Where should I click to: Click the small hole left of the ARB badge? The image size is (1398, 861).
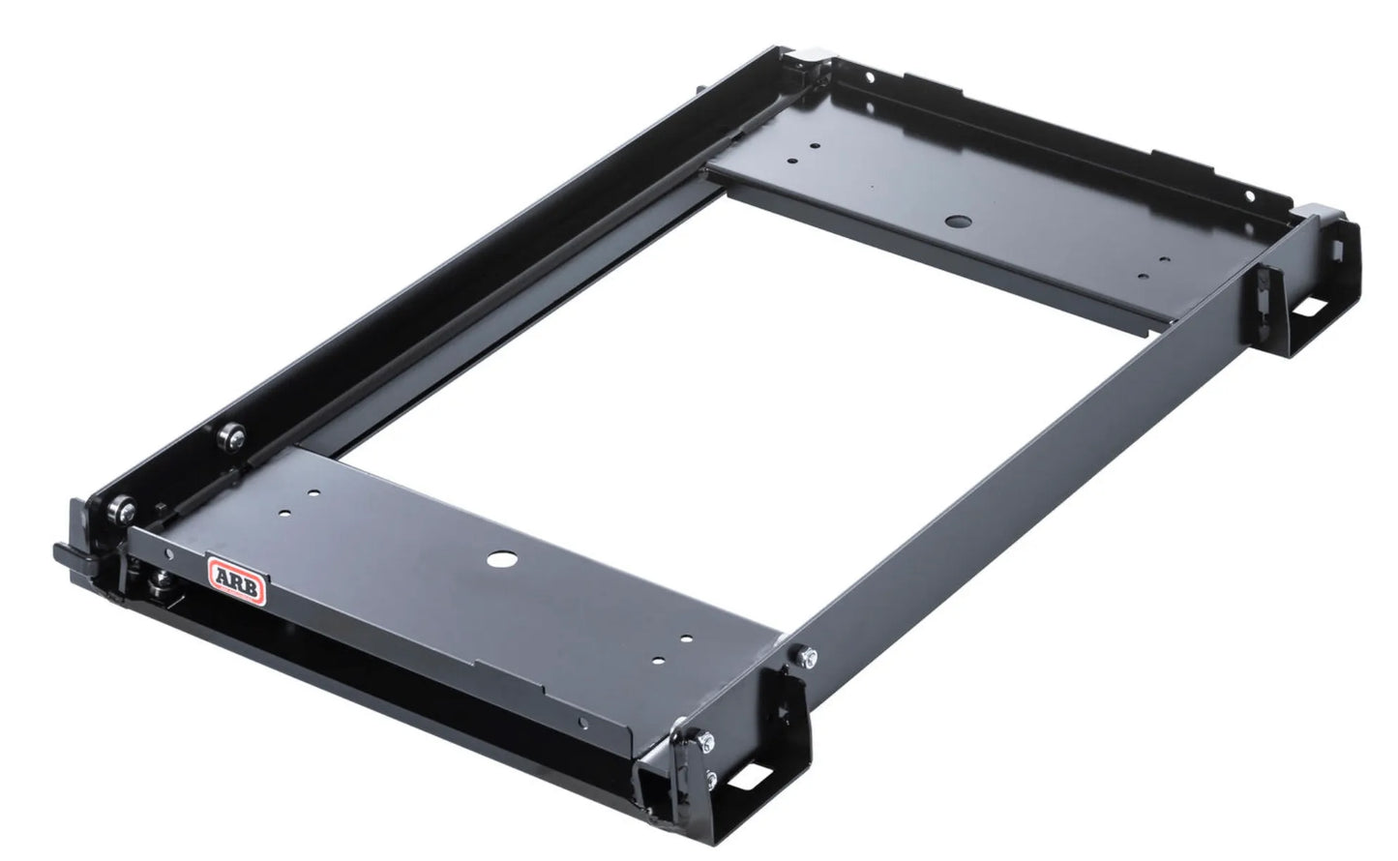(169, 554)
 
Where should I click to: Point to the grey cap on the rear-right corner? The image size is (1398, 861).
(1321, 211)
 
